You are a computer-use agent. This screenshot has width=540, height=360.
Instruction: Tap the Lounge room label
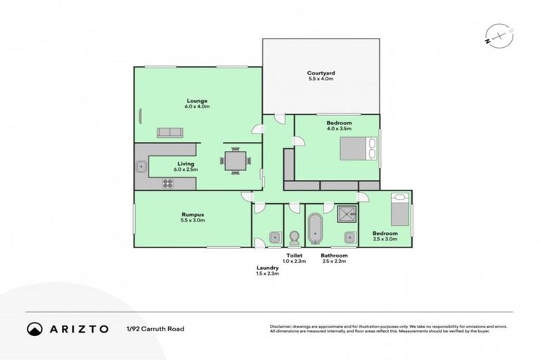196,101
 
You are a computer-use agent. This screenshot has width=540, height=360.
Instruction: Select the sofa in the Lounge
169,133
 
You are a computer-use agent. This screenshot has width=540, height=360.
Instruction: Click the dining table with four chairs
236,160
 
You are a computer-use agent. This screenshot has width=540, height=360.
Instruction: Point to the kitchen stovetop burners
168,183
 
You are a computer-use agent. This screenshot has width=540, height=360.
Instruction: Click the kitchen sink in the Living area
141,167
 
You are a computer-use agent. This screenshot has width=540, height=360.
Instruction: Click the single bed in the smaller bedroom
399,208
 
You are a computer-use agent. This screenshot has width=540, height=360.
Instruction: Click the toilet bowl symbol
294,233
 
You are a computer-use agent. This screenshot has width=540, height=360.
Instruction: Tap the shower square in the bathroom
346,214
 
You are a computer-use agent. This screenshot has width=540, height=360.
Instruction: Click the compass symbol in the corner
496,34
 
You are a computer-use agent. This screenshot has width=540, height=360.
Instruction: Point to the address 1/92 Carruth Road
155,328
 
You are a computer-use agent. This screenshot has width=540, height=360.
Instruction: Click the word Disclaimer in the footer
280,326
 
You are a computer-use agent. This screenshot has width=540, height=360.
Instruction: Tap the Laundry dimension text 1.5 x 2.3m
267,274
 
